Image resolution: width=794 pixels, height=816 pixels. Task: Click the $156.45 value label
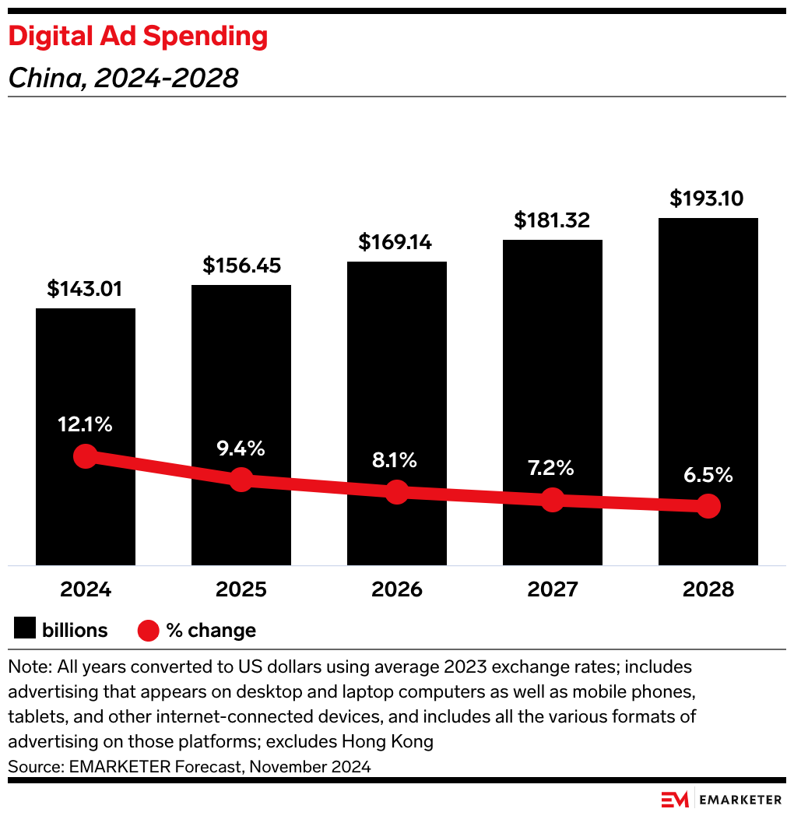(x=241, y=266)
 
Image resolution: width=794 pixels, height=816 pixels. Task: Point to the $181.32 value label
(x=552, y=220)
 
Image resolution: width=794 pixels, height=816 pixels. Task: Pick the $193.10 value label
(x=708, y=199)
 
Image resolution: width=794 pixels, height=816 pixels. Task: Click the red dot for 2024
(x=85, y=456)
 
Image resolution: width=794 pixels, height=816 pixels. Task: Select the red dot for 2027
(x=552, y=500)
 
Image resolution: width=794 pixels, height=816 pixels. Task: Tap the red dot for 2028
(x=708, y=506)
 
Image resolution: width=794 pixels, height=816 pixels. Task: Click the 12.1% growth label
(x=85, y=425)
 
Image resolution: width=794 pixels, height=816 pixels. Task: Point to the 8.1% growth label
(x=396, y=460)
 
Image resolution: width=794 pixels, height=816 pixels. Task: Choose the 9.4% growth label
(x=241, y=448)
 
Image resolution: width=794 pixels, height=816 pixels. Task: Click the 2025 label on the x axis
(x=241, y=589)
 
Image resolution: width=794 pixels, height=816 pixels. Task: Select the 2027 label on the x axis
(x=552, y=589)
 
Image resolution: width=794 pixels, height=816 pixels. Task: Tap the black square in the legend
(x=25, y=629)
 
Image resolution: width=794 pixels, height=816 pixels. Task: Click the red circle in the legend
(x=148, y=630)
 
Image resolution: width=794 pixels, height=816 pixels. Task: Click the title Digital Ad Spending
(x=138, y=37)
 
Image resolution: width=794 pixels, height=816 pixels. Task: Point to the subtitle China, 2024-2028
(x=123, y=78)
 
